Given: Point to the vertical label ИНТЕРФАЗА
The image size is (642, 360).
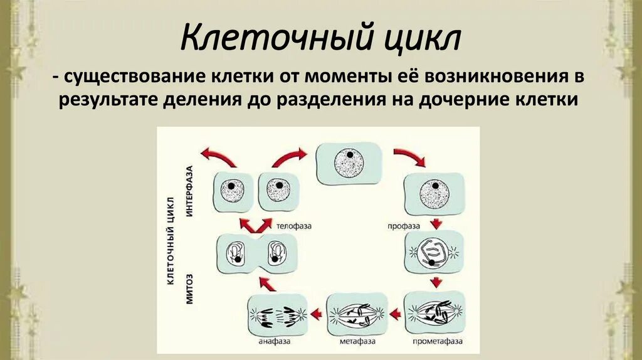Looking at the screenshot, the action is point(189,191).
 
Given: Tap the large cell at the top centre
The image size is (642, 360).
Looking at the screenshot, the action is point(349,162).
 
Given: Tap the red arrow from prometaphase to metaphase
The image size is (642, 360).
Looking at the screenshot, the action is point(395,314).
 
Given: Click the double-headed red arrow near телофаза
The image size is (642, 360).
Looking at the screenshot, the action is point(251,224).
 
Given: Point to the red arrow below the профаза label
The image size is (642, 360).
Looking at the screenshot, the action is point(435,223).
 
